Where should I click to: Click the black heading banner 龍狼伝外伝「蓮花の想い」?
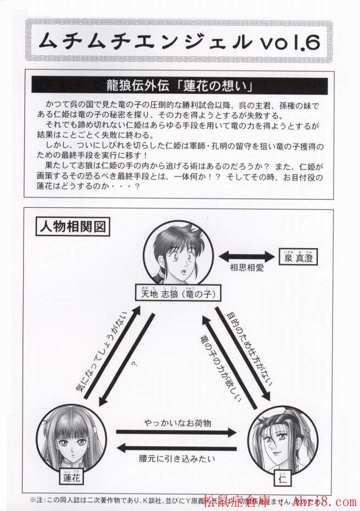180,86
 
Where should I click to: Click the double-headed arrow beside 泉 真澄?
243,257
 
